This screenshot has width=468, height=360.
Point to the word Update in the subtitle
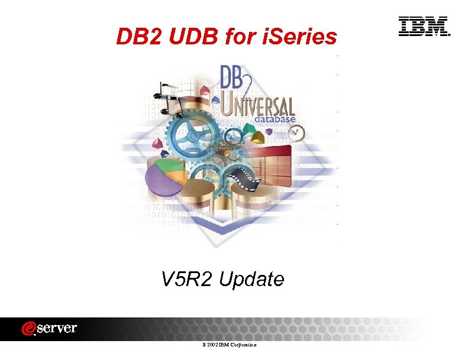point(251,279)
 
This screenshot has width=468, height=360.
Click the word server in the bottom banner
point(59,328)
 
